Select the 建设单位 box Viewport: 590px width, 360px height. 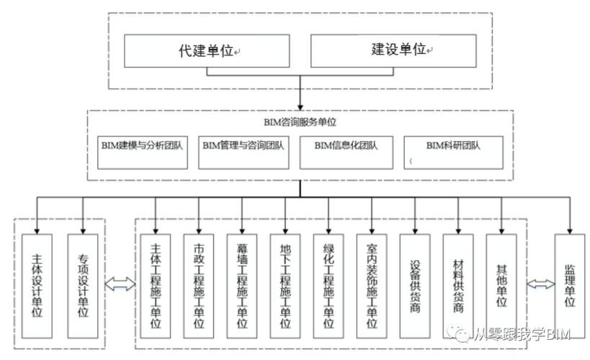tap(393, 51)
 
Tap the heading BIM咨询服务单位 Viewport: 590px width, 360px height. tap(299, 122)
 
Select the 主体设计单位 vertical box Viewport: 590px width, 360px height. tap(37, 286)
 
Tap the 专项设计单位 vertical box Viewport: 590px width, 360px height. tap(83, 286)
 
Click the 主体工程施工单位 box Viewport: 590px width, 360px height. tap(155, 286)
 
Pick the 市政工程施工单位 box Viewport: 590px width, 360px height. tap(199, 286)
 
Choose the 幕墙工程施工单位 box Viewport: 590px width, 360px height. tap(242, 286)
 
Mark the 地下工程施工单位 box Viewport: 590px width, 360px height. tap(285, 286)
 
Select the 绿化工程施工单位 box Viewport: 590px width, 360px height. tap(328, 286)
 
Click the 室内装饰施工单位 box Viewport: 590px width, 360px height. tap(372, 286)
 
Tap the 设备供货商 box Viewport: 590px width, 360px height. tap(416, 286)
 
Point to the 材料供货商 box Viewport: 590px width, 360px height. tap(459, 286)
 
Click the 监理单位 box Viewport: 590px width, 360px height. tap(570, 286)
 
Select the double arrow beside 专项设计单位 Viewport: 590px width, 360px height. tap(120, 285)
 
